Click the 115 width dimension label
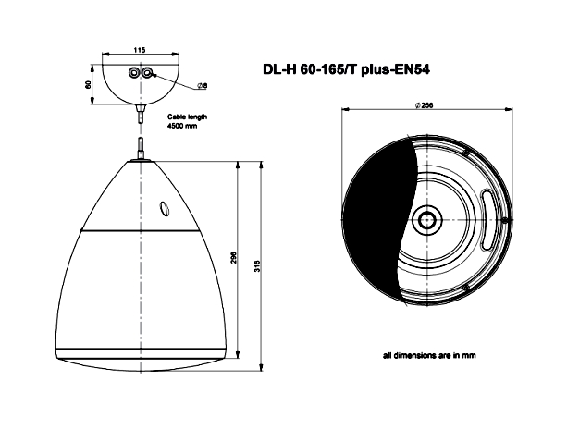tap(140, 50)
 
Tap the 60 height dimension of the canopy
tap(87, 85)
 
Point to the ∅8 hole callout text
tap(203, 85)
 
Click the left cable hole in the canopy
tap(134, 73)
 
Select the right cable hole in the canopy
tap(147, 73)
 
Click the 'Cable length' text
tap(188, 117)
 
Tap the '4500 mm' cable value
tap(182, 126)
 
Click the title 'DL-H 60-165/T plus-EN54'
tap(346, 69)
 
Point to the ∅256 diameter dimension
tap(425, 105)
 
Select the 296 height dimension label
tap(234, 257)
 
